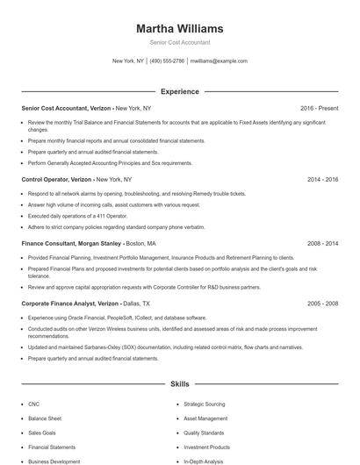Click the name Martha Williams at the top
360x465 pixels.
179,29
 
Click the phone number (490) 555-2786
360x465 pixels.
167,61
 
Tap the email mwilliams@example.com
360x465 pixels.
219,61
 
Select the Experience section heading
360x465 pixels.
179,91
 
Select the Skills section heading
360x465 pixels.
179,384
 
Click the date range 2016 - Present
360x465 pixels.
319,108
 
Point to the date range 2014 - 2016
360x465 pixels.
322,179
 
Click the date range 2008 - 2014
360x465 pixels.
322,243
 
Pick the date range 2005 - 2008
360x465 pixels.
322,303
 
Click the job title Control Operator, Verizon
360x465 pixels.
56,179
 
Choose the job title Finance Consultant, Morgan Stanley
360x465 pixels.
71,243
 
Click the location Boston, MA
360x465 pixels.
141,243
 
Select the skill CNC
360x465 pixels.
34,404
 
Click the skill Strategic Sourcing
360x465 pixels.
205,404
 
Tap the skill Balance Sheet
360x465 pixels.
45,418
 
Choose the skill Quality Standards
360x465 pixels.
204,433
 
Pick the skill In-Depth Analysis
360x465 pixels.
204,461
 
